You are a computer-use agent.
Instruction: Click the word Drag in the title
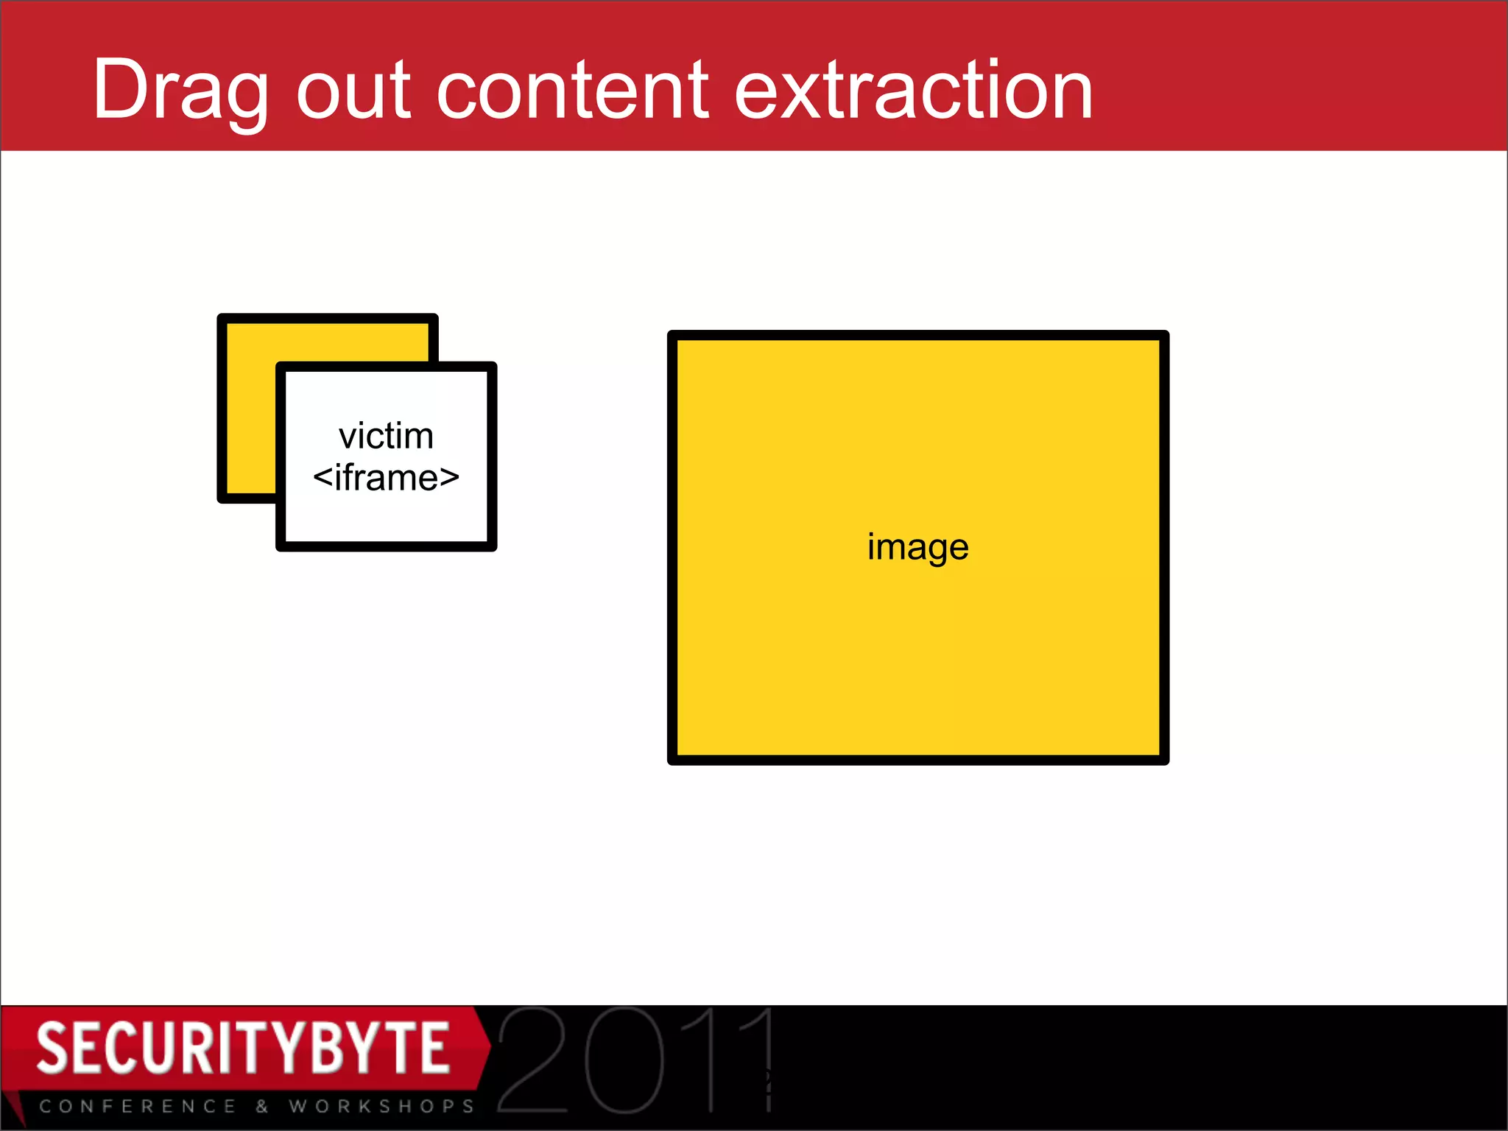tap(180, 90)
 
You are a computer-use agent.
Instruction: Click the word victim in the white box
tap(386, 436)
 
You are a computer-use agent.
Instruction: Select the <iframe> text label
tap(386, 478)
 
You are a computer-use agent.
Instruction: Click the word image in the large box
tap(917, 547)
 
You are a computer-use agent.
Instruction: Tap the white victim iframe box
tap(386, 515)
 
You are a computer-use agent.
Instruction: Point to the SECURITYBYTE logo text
tap(243, 1047)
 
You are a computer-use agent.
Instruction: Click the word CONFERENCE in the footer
tap(138, 1106)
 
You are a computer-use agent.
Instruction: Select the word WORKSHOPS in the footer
tap(381, 1106)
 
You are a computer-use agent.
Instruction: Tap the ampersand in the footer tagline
tap(262, 1106)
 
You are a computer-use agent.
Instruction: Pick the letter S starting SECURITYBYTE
tap(52, 1047)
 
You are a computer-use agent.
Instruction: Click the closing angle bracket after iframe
tap(450, 478)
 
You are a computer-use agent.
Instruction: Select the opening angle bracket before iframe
tap(323, 478)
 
